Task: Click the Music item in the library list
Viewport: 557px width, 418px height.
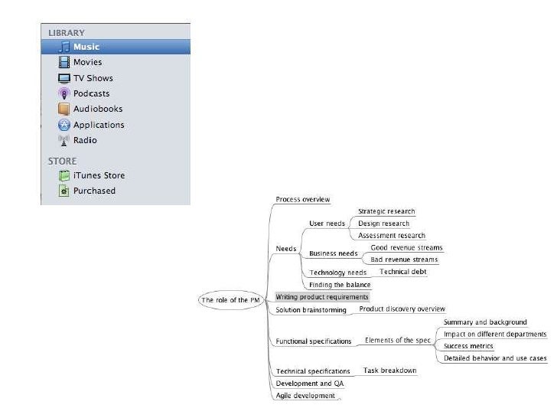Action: click(x=86, y=47)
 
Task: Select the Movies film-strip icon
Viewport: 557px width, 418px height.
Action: click(x=64, y=62)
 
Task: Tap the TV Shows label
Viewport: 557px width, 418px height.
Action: click(x=93, y=78)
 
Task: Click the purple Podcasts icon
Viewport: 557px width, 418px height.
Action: click(x=64, y=93)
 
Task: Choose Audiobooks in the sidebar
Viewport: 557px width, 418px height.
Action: click(x=97, y=109)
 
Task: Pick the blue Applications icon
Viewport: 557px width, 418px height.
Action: click(x=64, y=125)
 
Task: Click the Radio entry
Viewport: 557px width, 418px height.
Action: click(x=84, y=140)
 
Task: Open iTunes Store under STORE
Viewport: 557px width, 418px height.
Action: click(x=99, y=175)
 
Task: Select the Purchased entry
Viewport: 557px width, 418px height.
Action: click(x=93, y=191)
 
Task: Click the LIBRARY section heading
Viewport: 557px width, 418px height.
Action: click(x=66, y=33)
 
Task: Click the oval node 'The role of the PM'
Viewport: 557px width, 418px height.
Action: click(x=225, y=300)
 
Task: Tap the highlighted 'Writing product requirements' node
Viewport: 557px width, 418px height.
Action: click(x=322, y=296)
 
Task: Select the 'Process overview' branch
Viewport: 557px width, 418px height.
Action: click(x=303, y=199)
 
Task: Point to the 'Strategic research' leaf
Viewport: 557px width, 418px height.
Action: click(x=386, y=211)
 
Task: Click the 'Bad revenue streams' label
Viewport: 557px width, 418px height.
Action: click(x=404, y=260)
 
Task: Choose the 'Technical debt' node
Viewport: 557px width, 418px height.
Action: click(x=403, y=271)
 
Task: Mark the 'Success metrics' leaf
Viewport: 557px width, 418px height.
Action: click(x=468, y=346)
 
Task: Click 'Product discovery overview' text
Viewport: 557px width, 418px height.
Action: click(x=402, y=309)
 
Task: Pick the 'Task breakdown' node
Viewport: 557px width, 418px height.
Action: click(x=389, y=371)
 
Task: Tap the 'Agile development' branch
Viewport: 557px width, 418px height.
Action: click(x=305, y=395)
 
